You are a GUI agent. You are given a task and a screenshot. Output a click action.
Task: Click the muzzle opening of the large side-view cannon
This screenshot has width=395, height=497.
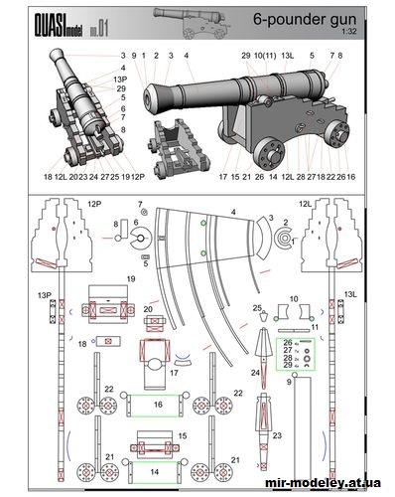150,96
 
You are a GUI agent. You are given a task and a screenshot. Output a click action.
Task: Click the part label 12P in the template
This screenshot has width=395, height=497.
94,203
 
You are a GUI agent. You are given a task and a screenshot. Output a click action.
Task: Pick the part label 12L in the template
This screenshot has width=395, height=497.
305,203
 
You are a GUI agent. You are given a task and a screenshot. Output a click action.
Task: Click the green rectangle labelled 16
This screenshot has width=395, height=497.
157,405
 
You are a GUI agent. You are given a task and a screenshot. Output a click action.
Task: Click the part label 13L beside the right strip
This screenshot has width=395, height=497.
348,293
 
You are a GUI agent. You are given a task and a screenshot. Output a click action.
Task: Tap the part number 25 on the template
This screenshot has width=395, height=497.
257,309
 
